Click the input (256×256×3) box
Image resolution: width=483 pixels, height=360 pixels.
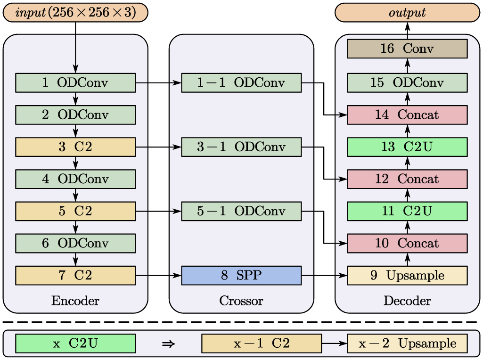[75, 12]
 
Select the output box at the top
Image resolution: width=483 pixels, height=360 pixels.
[407, 12]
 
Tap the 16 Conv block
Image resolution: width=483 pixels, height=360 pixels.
[407, 49]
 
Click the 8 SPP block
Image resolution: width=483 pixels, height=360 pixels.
[241, 275]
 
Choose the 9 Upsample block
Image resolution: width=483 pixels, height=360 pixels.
[407, 275]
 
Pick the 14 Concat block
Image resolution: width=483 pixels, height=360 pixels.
[407, 115]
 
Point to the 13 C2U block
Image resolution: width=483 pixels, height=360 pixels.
[407, 147]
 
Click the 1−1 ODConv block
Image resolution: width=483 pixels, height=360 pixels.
[241, 83]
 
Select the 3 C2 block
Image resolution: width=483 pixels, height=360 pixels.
[75, 147]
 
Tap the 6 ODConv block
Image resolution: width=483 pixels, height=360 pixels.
[75, 243]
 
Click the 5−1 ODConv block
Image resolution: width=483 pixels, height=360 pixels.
[241, 211]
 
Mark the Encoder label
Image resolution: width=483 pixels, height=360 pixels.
[75, 301]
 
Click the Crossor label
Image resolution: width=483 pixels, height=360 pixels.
[241, 301]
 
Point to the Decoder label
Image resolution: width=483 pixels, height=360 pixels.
[407, 301]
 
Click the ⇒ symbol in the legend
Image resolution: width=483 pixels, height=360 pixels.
[168, 344]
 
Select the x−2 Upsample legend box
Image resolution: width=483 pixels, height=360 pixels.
[407, 344]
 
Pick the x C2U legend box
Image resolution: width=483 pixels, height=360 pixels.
[75, 344]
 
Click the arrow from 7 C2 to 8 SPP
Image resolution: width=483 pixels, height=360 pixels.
[158, 275]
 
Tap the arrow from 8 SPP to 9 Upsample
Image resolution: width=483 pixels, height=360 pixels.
[324, 275]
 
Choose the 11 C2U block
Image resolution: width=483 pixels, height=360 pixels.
[407, 211]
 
